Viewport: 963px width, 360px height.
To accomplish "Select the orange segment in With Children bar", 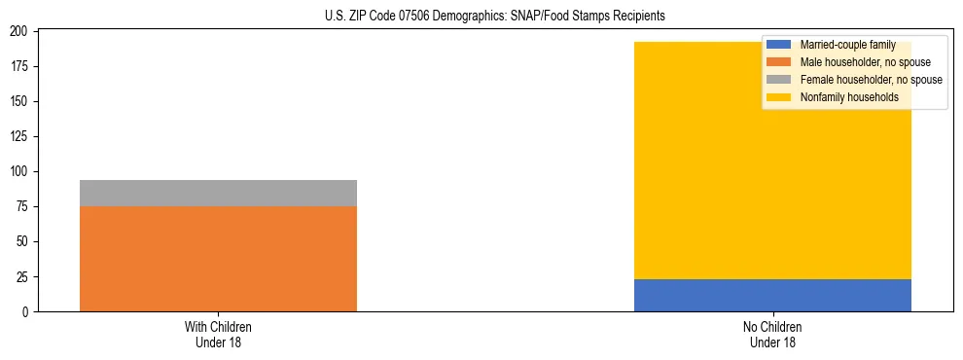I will click(x=218, y=259).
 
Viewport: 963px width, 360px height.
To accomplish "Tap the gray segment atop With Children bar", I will click(x=218, y=193).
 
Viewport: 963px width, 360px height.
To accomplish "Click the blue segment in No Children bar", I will click(x=772, y=295).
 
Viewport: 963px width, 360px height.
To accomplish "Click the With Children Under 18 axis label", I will click(x=218, y=334).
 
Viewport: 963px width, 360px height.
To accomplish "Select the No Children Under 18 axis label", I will click(x=772, y=334).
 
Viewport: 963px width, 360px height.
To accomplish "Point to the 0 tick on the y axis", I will click(x=27, y=311).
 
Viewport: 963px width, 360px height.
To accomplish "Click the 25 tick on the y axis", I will click(x=24, y=276).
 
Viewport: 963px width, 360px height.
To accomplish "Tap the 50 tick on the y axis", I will click(x=24, y=241).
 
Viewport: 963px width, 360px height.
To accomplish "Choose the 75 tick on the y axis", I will click(x=24, y=206).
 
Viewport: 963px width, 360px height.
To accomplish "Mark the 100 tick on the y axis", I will click(x=21, y=171).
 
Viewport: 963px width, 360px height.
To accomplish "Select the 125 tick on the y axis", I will click(x=21, y=136).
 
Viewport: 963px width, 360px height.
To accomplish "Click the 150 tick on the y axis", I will click(x=21, y=101).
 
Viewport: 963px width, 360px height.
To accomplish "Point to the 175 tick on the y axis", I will click(x=21, y=66).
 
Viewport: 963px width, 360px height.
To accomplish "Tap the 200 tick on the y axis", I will click(x=21, y=31).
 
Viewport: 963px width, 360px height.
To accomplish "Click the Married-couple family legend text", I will click(x=847, y=45).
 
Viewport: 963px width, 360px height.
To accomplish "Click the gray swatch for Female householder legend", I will click(x=779, y=80).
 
